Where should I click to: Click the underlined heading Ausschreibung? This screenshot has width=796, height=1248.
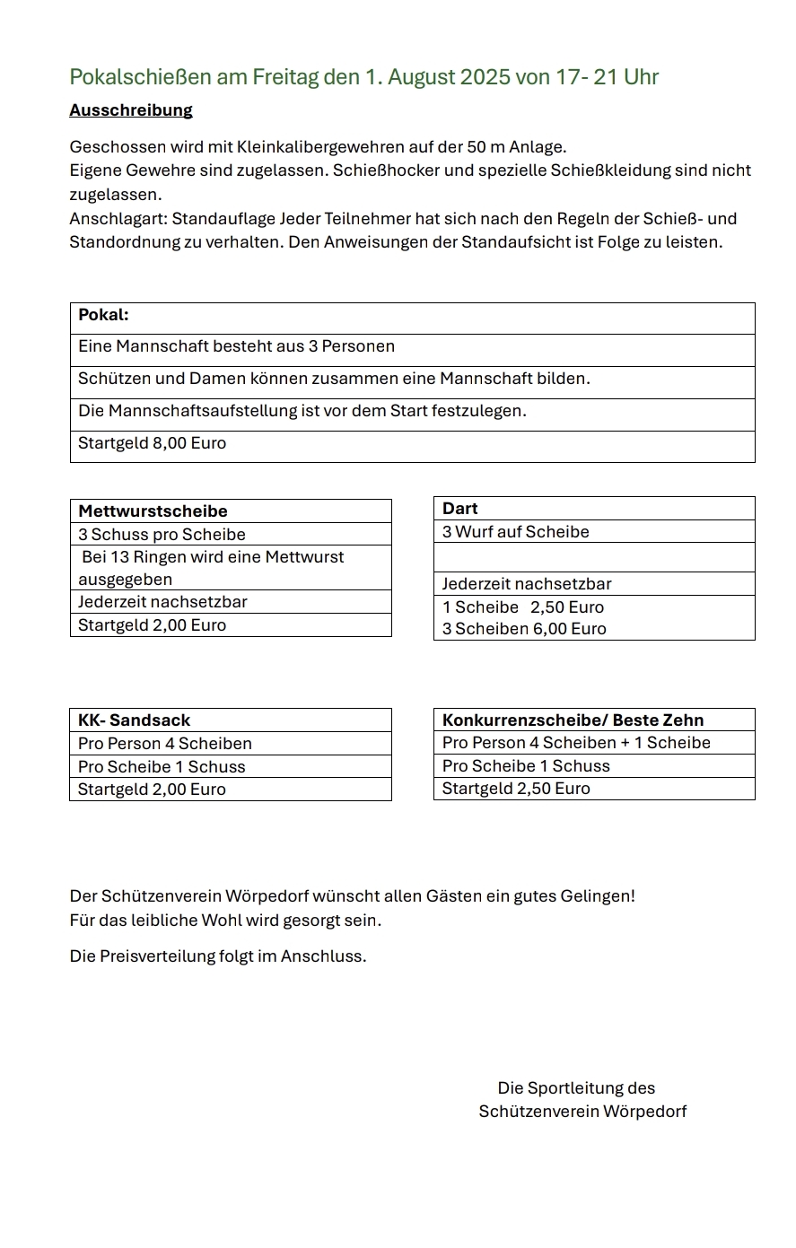(x=131, y=110)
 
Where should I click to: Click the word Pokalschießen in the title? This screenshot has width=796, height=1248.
(x=141, y=77)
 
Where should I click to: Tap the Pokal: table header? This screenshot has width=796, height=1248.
(x=103, y=315)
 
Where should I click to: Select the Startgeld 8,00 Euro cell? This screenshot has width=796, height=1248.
(x=152, y=443)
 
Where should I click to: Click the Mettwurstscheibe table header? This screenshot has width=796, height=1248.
(x=153, y=511)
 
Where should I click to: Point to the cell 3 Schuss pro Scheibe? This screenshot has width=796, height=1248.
(x=162, y=535)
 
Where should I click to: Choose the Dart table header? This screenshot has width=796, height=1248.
(x=460, y=509)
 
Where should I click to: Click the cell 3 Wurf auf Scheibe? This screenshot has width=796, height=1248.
(x=516, y=532)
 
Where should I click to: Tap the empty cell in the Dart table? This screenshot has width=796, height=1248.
(x=593, y=557)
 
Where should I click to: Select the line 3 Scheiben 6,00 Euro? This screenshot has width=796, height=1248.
(x=524, y=629)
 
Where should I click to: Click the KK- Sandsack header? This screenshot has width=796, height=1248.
(x=134, y=720)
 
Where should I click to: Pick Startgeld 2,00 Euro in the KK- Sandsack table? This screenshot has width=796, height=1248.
(x=152, y=790)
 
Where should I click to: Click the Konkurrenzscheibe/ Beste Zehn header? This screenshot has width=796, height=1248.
(x=573, y=720)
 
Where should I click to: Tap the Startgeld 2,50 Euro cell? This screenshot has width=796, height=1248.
(x=516, y=789)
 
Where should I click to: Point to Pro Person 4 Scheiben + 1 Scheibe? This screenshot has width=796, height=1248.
(x=576, y=743)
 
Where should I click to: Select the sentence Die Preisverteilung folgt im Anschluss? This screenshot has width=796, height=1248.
(x=218, y=956)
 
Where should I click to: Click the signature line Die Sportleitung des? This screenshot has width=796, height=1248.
(x=576, y=1088)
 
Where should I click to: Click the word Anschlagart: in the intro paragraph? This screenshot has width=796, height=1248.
(x=118, y=219)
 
